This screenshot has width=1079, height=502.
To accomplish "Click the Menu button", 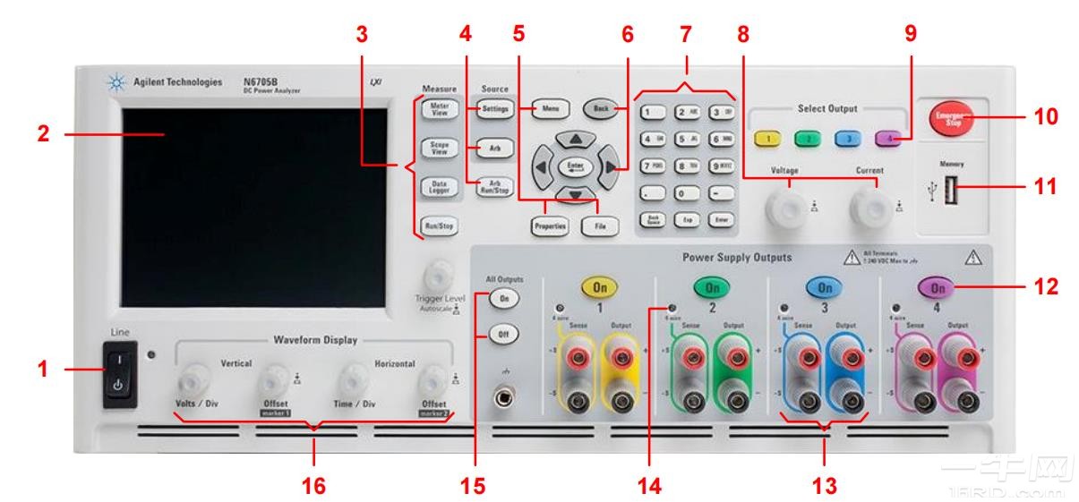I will pos(549,109).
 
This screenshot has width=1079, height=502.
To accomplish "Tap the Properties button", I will pos(550,226).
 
